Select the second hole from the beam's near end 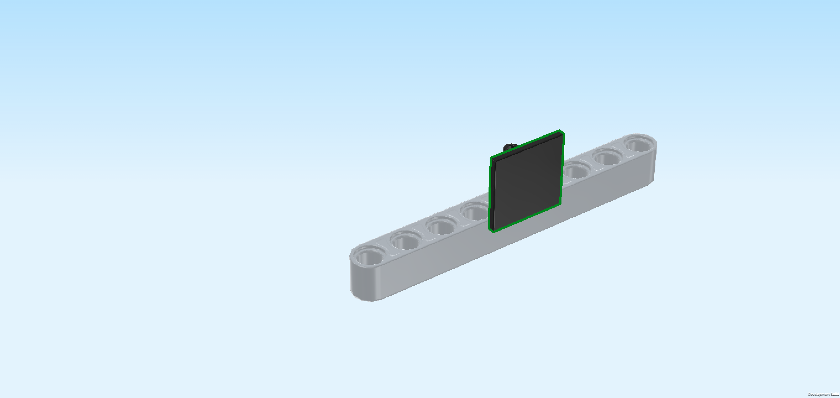pyautogui.click(x=405, y=240)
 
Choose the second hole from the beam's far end pyautogui.click(x=608, y=157)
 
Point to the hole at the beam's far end pyautogui.click(x=639, y=144)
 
